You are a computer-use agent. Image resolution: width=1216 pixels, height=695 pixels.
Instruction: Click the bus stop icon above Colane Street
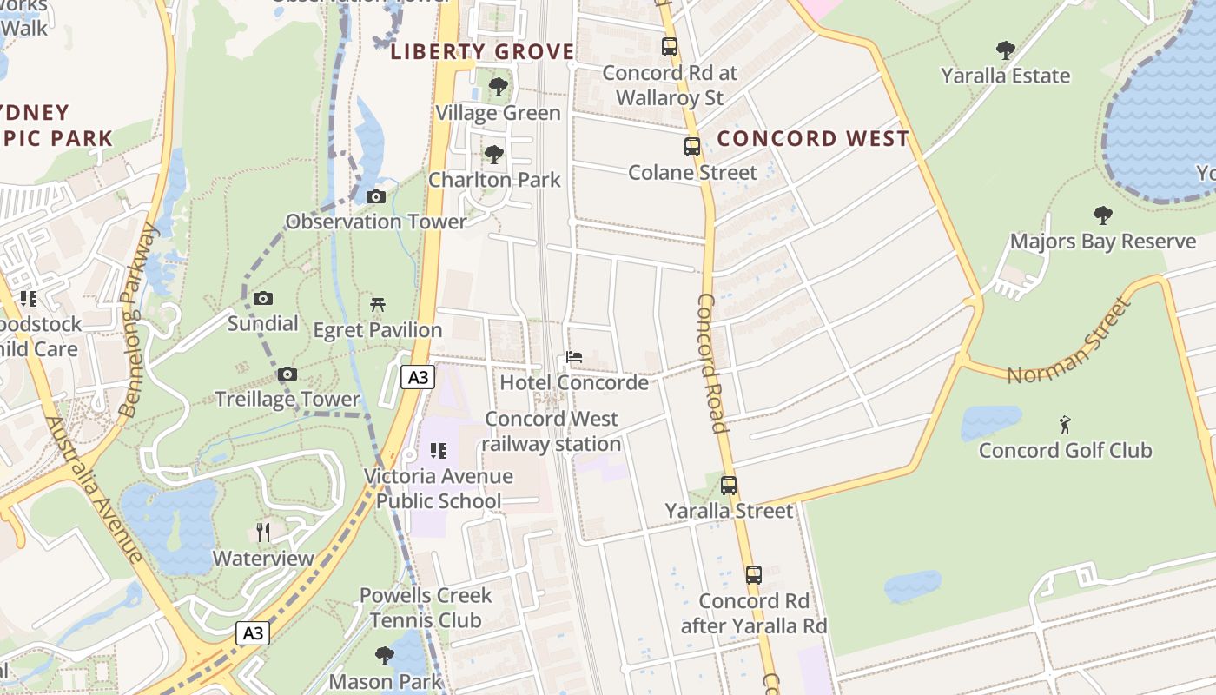692,147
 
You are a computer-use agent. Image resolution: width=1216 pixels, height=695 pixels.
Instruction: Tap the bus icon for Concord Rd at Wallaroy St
670,47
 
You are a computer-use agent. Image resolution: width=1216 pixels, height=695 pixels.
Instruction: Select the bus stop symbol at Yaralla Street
729,486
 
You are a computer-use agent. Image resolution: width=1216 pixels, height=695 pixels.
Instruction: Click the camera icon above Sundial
263,298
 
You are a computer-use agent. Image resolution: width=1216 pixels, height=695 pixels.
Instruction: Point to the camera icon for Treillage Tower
287,374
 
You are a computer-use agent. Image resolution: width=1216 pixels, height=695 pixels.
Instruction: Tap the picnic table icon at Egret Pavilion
378,304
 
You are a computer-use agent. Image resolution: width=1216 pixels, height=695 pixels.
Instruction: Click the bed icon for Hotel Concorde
574,357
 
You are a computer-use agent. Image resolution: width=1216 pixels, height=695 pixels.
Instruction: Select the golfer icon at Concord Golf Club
1065,425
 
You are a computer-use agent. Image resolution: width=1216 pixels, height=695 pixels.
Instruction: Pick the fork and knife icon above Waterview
263,533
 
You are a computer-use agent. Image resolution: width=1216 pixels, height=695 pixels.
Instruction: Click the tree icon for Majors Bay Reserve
1103,215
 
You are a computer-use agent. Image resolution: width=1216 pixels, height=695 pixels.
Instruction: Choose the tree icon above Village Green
498,87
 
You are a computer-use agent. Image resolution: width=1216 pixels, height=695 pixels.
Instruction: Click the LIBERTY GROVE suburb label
482,52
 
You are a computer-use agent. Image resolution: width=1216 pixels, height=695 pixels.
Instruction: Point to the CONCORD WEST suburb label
813,139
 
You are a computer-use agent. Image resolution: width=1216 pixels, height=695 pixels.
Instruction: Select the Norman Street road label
1070,342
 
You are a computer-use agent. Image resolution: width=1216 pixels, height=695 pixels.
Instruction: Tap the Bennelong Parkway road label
139,320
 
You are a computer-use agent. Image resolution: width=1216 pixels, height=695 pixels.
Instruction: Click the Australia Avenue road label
94,488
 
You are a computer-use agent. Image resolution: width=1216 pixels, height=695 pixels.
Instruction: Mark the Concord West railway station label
552,431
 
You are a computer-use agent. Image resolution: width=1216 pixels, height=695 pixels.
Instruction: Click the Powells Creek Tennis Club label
426,607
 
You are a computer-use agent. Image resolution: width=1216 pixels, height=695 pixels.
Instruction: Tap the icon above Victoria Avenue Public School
439,451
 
